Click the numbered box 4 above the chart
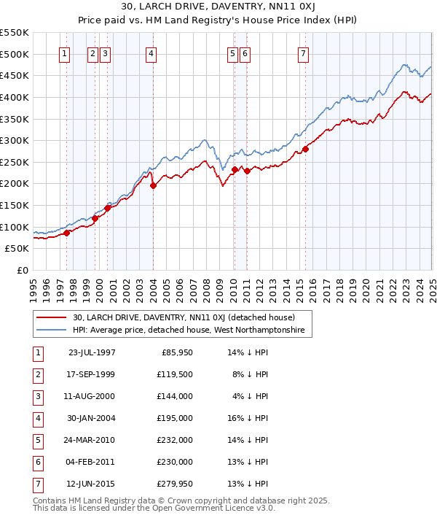(x=150, y=53)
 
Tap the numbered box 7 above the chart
(x=302, y=53)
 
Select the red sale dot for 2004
(x=154, y=186)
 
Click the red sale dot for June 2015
(x=305, y=149)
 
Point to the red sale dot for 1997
(x=66, y=233)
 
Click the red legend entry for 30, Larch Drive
(x=183, y=317)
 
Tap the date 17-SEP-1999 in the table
(x=91, y=374)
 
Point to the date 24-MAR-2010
(x=91, y=440)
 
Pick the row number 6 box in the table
(x=37, y=462)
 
